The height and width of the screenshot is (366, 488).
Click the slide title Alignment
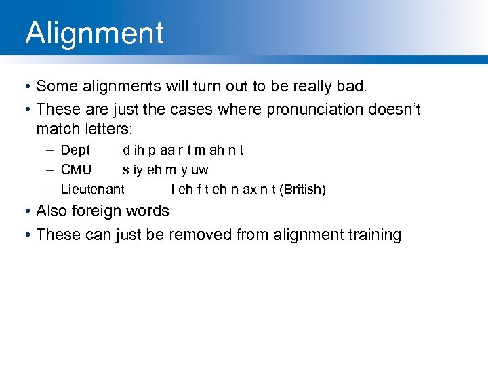[x=94, y=33]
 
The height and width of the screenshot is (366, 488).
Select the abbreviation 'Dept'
[x=75, y=150]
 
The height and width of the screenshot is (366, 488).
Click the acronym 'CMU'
[x=76, y=169]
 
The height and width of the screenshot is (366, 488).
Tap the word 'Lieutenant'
[x=93, y=189]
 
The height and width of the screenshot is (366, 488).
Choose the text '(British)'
[x=303, y=189]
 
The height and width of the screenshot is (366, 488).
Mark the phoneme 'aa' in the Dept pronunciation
[x=167, y=150]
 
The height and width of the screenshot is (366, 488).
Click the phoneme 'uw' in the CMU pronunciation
[x=200, y=169]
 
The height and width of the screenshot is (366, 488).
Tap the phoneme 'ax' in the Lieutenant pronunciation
[x=249, y=189]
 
